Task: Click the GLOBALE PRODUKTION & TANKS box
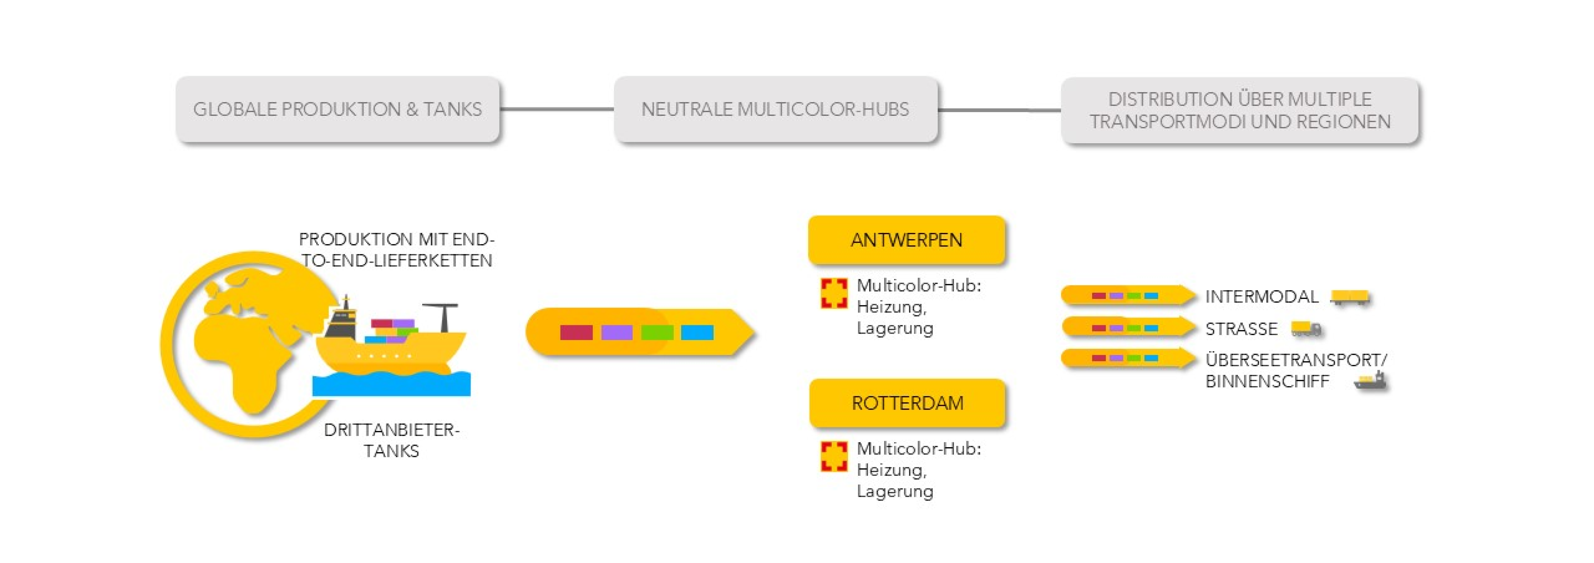pyautogui.click(x=337, y=109)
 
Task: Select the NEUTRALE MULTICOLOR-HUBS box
pyautogui.click(x=775, y=109)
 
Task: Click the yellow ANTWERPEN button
pyautogui.click(x=906, y=240)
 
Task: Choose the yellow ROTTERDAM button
pyautogui.click(x=907, y=403)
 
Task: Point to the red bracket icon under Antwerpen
pyautogui.click(x=833, y=293)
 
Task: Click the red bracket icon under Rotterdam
pyautogui.click(x=833, y=456)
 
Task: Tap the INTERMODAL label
pyautogui.click(x=1261, y=297)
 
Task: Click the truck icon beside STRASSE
pyautogui.click(x=1306, y=329)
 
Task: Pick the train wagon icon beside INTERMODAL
pyautogui.click(x=1350, y=298)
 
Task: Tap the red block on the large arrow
pyautogui.click(x=576, y=333)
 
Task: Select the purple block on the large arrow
pyautogui.click(x=616, y=333)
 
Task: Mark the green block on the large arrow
pyautogui.click(x=657, y=333)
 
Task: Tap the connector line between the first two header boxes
pyautogui.click(x=557, y=109)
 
